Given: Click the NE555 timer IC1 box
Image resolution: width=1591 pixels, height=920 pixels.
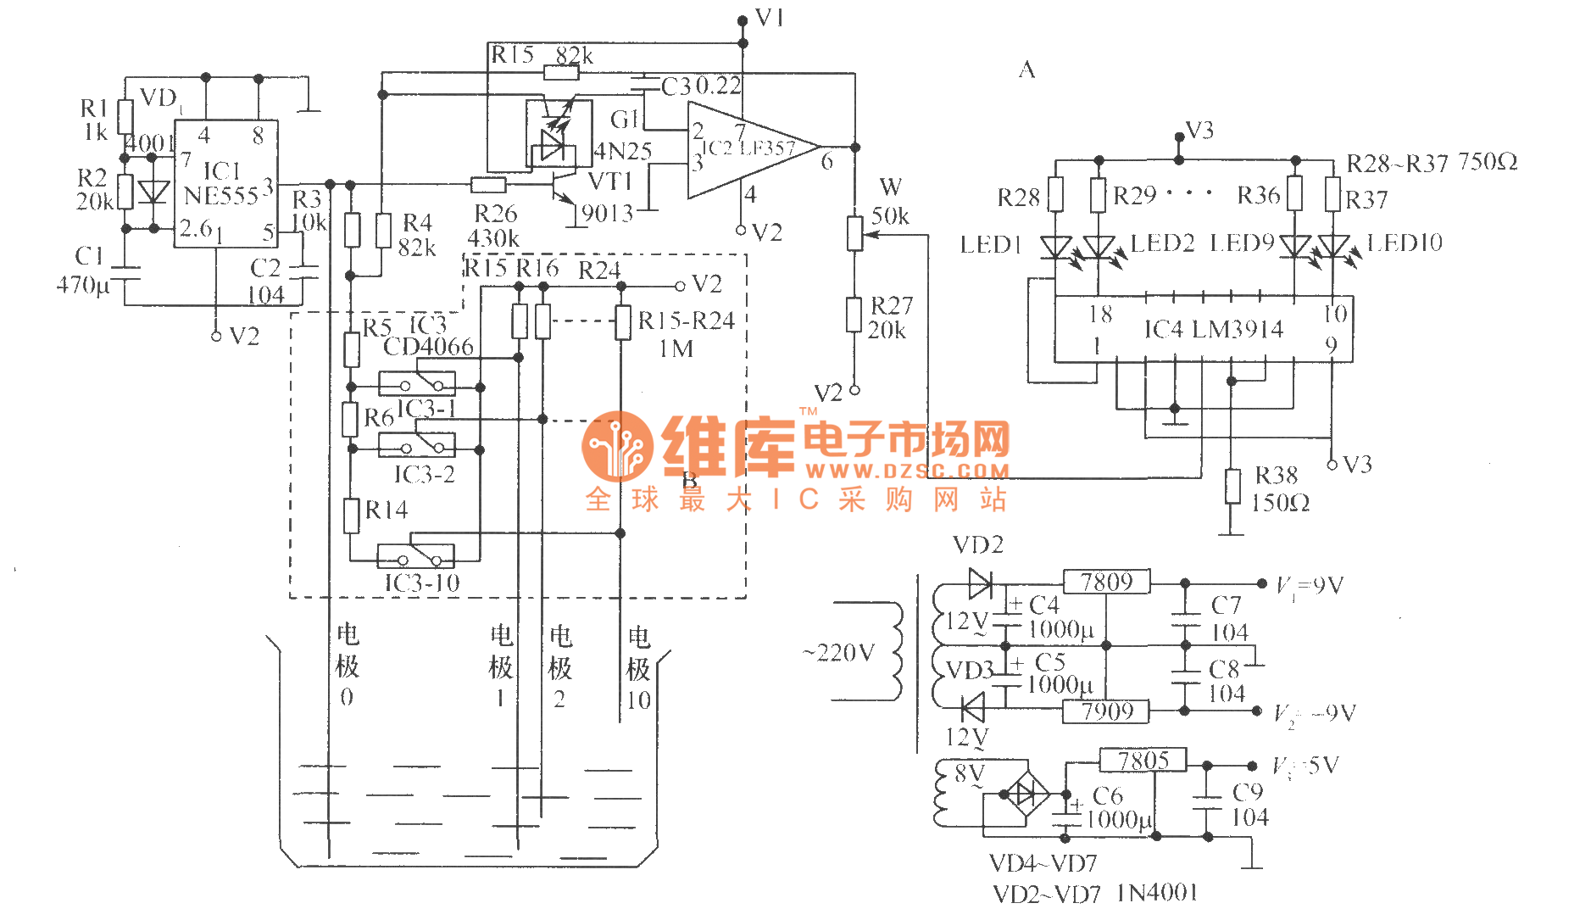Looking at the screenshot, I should tap(225, 183).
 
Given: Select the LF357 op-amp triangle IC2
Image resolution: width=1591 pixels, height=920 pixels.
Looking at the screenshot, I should tap(746, 150).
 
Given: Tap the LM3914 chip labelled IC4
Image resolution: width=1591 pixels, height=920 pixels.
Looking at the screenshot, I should tap(1203, 329).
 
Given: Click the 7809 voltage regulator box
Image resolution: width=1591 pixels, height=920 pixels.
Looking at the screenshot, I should tap(1106, 583).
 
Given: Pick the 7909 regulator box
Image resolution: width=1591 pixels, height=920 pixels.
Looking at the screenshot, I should tap(1106, 711).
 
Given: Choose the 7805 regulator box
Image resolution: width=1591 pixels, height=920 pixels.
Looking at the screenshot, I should tap(1143, 761).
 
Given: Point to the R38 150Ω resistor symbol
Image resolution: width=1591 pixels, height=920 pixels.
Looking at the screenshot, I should tap(1232, 487).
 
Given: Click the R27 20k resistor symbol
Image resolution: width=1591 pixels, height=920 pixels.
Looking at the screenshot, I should tap(854, 315).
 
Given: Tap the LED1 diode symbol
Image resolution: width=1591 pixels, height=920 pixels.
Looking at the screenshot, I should tap(1055, 248).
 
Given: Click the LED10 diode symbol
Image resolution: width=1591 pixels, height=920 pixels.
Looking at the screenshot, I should tap(1332, 247).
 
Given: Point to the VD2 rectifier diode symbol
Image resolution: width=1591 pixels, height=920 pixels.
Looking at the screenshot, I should tap(980, 583).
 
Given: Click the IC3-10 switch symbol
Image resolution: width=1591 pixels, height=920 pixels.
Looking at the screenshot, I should tap(415, 555).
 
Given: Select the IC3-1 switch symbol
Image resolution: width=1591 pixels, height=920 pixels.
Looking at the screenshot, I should tap(416, 383).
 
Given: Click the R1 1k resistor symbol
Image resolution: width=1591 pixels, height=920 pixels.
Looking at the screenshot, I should tap(125, 118).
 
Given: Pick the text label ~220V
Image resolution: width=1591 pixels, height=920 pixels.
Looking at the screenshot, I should tap(838, 652).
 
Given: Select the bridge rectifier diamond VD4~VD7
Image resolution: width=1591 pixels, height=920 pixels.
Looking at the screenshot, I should tap(1026, 795).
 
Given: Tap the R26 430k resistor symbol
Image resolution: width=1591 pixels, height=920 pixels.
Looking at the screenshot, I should tap(488, 185).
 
